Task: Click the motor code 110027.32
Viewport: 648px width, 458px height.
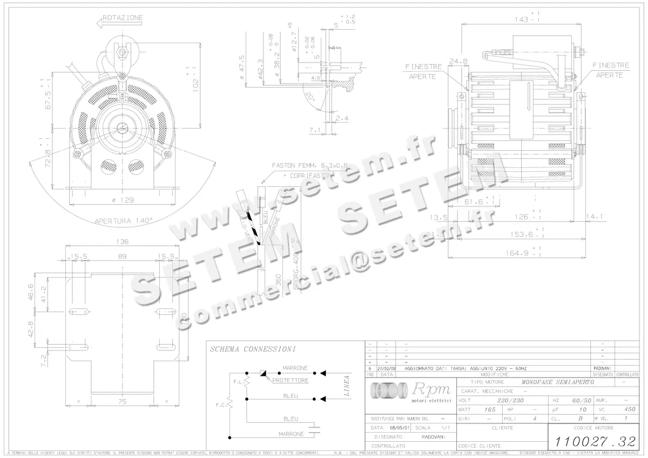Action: pyautogui.click(x=591, y=440)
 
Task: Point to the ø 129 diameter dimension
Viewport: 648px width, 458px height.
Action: pyautogui.click(x=123, y=200)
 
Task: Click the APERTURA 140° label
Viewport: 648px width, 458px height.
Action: pyautogui.click(x=124, y=220)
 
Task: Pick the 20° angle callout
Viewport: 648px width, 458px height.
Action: pyautogui.click(x=310, y=96)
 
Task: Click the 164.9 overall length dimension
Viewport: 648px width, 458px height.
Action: pyautogui.click(x=517, y=253)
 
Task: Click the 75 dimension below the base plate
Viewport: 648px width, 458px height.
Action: pyautogui.click(x=123, y=401)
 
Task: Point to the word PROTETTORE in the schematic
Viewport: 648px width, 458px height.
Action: pyautogui.click(x=291, y=380)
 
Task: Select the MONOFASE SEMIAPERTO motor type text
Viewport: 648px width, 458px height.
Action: pyautogui.click(x=558, y=382)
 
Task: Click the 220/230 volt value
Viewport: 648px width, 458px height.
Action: pyautogui.click(x=510, y=401)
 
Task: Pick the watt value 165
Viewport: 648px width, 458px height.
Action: pyautogui.click(x=490, y=409)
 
